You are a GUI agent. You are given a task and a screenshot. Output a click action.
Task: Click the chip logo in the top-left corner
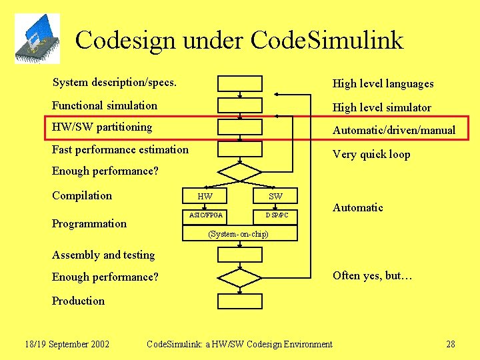pyautogui.click(x=37, y=39)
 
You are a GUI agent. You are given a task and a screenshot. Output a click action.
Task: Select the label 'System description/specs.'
pyautogui.click(x=115, y=83)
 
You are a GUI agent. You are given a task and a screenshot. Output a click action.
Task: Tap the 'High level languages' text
pyautogui.click(x=383, y=83)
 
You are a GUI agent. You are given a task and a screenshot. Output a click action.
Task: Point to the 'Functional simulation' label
pyautogui.click(x=105, y=105)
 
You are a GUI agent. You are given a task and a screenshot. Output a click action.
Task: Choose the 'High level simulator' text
pyautogui.click(x=382, y=107)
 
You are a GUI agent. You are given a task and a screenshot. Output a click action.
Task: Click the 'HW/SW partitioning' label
pyautogui.click(x=102, y=127)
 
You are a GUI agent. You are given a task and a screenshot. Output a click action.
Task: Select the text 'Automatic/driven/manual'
pyautogui.click(x=394, y=130)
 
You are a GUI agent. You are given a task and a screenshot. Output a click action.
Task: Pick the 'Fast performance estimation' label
pyautogui.click(x=120, y=149)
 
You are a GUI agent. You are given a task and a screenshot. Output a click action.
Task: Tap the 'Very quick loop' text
pyautogui.click(x=371, y=154)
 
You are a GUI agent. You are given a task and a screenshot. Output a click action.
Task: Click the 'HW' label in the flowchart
pyautogui.click(x=205, y=196)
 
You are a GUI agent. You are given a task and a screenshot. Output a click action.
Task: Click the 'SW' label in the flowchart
pyautogui.click(x=275, y=196)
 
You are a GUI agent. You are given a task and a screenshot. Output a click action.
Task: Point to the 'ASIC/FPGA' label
pyautogui.click(x=206, y=215)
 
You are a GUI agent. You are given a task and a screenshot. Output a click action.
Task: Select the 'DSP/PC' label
pyautogui.click(x=277, y=215)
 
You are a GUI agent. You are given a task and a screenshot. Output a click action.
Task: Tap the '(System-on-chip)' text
pyautogui.click(x=238, y=234)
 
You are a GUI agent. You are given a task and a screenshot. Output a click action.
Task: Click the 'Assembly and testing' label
pyautogui.click(x=103, y=255)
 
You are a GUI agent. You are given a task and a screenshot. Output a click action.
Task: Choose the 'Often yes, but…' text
pyautogui.click(x=373, y=275)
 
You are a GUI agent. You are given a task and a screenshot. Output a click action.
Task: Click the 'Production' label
pyautogui.click(x=78, y=301)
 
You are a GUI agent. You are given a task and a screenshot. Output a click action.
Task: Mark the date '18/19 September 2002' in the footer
pyautogui.click(x=67, y=344)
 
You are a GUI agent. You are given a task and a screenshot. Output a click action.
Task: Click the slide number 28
pyautogui.click(x=451, y=344)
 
